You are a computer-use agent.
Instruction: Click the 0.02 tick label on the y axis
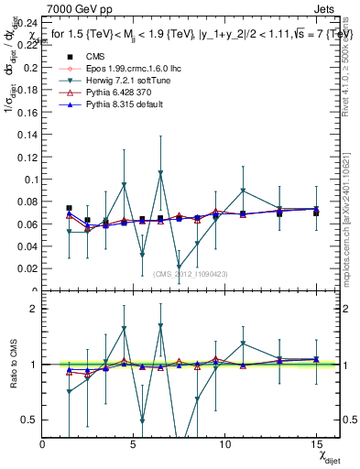[28, 269]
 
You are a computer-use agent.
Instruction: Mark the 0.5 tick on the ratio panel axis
[31, 420]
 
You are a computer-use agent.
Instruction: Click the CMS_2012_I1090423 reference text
[190, 273]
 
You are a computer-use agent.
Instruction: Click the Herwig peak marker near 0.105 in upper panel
[160, 172]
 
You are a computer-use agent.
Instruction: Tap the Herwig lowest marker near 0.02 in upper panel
[179, 267]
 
